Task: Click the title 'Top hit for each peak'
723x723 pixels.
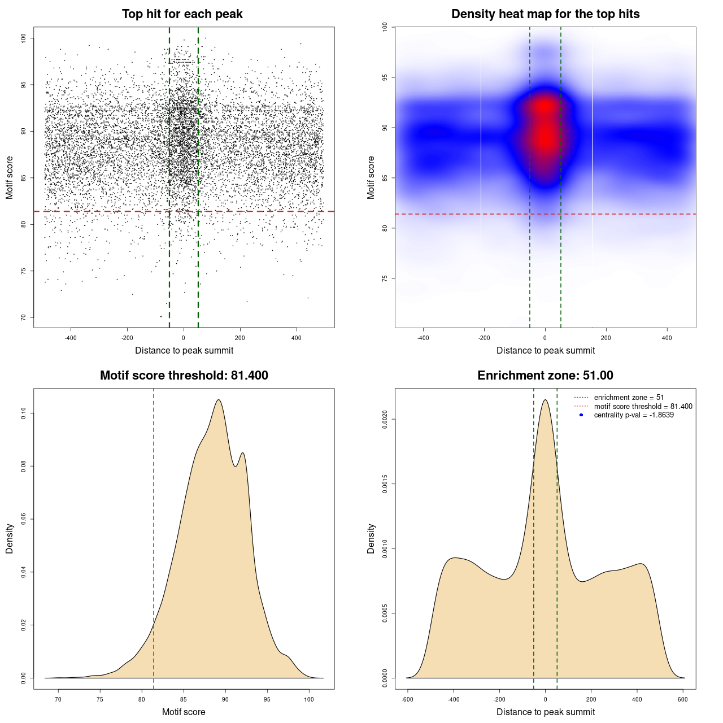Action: [x=182, y=14]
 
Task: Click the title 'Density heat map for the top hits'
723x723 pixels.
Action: [x=545, y=14]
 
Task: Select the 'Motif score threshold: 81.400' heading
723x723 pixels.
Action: [x=184, y=376]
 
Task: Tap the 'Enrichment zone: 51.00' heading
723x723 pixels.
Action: [x=545, y=376]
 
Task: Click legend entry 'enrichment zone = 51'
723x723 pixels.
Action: [x=629, y=398]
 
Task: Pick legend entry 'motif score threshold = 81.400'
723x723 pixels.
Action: [x=643, y=406]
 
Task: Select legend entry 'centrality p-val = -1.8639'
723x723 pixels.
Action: [x=634, y=415]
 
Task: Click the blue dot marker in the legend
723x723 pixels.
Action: [x=581, y=415]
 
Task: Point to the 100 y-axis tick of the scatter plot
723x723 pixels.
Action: [x=23, y=38]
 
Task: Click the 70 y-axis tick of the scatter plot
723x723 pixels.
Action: [x=23, y=317]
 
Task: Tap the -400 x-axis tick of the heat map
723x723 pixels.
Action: [x=423, y=338]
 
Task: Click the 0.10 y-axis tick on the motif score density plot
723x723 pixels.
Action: [x=23, y=413]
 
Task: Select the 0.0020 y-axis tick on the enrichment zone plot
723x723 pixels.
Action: [x=385, y=419]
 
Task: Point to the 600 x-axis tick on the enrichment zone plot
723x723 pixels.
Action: [x=683, y=700]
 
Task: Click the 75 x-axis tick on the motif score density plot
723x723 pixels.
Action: [x=100, y=700]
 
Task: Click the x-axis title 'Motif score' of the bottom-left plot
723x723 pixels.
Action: [x=184, y=712]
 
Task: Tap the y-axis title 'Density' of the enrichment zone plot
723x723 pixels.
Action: [x=371, y=538]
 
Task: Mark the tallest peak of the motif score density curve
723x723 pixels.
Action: [x=219, y=400]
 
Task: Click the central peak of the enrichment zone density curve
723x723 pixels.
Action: [x=545, y=400]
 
